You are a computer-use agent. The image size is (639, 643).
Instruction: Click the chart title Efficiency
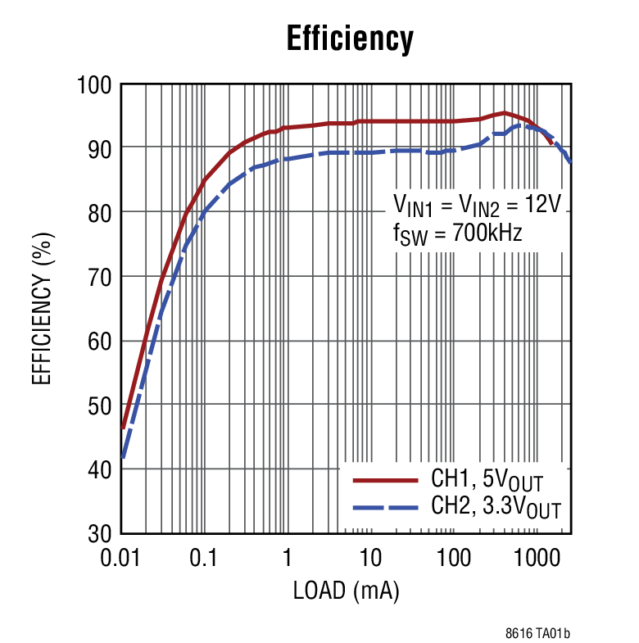(350, 38)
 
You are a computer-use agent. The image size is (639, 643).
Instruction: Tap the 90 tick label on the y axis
(98, 148)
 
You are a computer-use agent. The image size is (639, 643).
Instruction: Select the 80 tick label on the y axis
(98, 212)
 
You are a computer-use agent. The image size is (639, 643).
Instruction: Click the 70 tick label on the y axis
(98, 277)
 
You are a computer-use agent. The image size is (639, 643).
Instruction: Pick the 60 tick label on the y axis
(98, 341)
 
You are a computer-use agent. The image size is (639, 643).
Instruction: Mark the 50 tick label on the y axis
(98, 405)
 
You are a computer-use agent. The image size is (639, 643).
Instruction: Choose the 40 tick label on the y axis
(98, 469)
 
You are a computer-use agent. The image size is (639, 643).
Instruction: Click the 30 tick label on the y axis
(98, 534)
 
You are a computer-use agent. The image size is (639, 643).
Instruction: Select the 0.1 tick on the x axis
(203, 559)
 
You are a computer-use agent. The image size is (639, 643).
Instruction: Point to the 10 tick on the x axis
(370, 559)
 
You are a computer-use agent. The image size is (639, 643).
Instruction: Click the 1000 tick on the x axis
(537, 559)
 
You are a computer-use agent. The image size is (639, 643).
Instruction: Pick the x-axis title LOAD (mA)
(346, 591)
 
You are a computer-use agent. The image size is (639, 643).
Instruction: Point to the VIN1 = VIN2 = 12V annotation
(477, 205)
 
